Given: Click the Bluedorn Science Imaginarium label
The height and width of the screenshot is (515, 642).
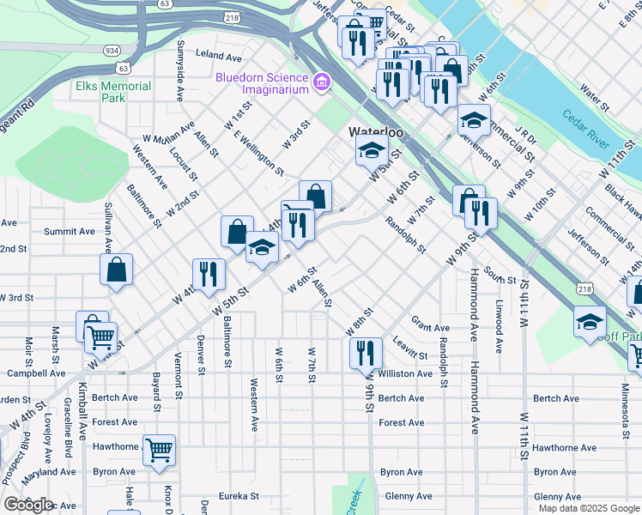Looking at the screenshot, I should (261, 83).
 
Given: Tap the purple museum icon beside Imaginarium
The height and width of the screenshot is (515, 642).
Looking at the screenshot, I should (322, 83).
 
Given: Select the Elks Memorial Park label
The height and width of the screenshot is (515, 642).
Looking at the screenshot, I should (113, 92).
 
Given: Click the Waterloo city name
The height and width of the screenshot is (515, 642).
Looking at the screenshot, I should (375, 133).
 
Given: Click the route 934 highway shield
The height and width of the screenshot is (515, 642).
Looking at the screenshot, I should (112, 51).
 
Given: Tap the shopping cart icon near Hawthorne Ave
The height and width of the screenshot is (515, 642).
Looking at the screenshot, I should (159, 449).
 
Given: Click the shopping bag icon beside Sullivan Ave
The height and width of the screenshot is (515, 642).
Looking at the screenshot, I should (117, 269).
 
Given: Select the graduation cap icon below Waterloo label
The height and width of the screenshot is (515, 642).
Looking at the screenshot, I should (371, 150).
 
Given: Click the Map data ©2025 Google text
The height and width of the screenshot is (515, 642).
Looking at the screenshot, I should (588, 508).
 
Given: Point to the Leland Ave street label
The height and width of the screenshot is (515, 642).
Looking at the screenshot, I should (219, 55).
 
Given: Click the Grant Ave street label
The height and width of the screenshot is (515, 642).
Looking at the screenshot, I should (430, 327).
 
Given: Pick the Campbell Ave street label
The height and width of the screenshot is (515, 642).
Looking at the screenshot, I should (36, 373).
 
